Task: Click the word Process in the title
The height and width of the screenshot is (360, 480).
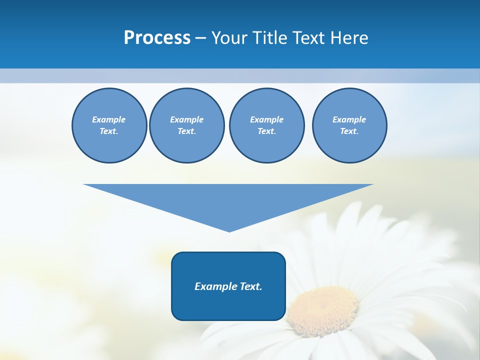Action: pos(157,38)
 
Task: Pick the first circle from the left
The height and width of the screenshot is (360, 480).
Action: pos(109,125)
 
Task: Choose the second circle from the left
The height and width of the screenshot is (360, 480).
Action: pos(186,125)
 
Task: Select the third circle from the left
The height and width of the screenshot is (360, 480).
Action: pos(266,125)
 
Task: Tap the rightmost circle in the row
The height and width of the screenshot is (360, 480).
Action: pos(349,125)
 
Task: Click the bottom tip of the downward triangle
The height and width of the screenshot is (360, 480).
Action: pos(229,230)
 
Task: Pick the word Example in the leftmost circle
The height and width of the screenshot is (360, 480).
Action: pos(109,119)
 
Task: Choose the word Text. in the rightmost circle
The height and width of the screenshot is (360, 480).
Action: pos(349,131)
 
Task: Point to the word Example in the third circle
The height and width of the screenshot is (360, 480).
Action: pos(266,119)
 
